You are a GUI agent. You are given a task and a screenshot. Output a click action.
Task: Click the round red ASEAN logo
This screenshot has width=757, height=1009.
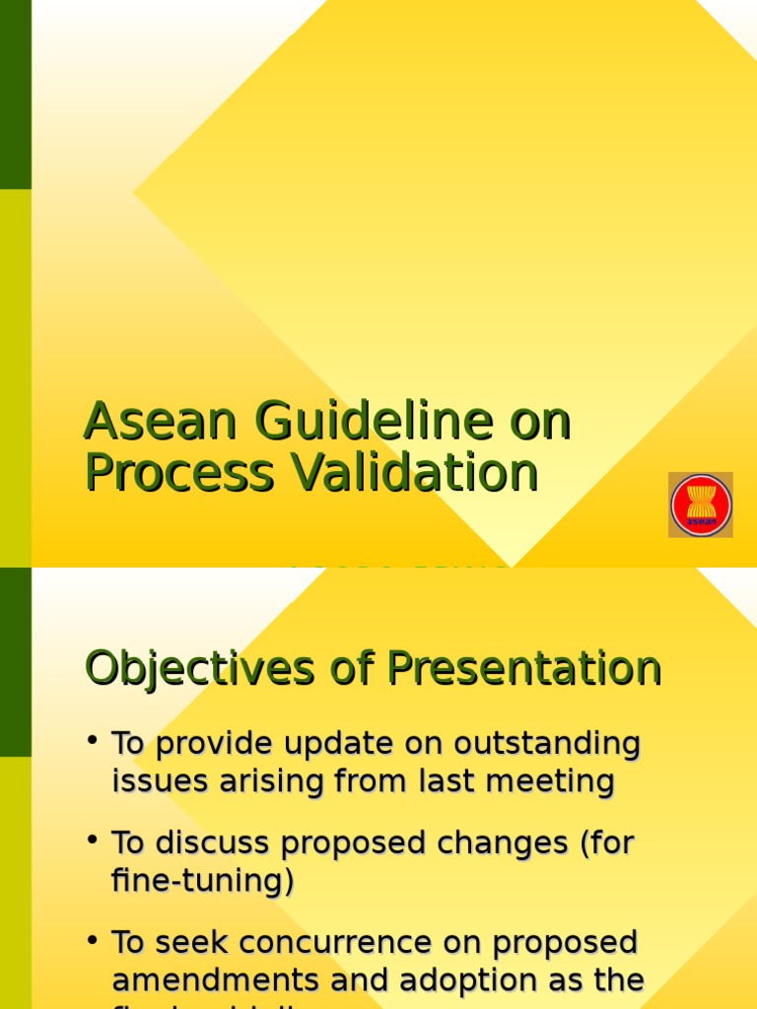(701, 505)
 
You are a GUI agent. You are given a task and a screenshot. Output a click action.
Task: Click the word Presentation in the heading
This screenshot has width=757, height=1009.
(522, 669)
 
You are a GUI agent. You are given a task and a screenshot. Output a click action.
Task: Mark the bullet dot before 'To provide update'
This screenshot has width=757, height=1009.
(92, 739)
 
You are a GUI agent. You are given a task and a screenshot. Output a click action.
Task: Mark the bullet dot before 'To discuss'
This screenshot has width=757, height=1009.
(92, 839)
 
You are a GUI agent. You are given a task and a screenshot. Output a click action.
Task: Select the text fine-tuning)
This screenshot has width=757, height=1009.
(202, 881)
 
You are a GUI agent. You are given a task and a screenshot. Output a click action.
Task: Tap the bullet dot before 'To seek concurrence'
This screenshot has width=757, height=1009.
(92, 938)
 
